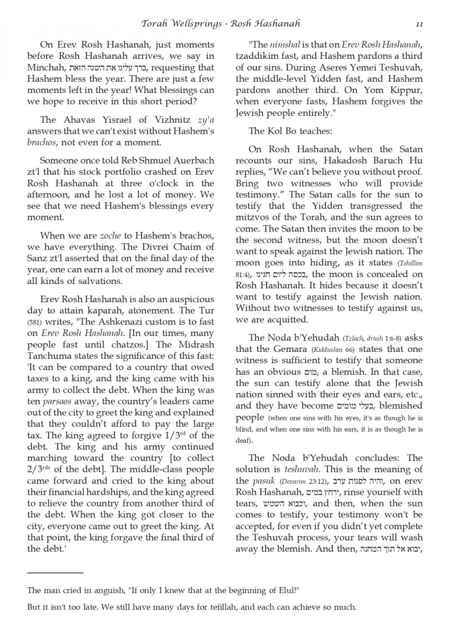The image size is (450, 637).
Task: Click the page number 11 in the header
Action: click(419, 24)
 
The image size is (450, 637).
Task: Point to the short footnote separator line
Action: click(55, 573)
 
